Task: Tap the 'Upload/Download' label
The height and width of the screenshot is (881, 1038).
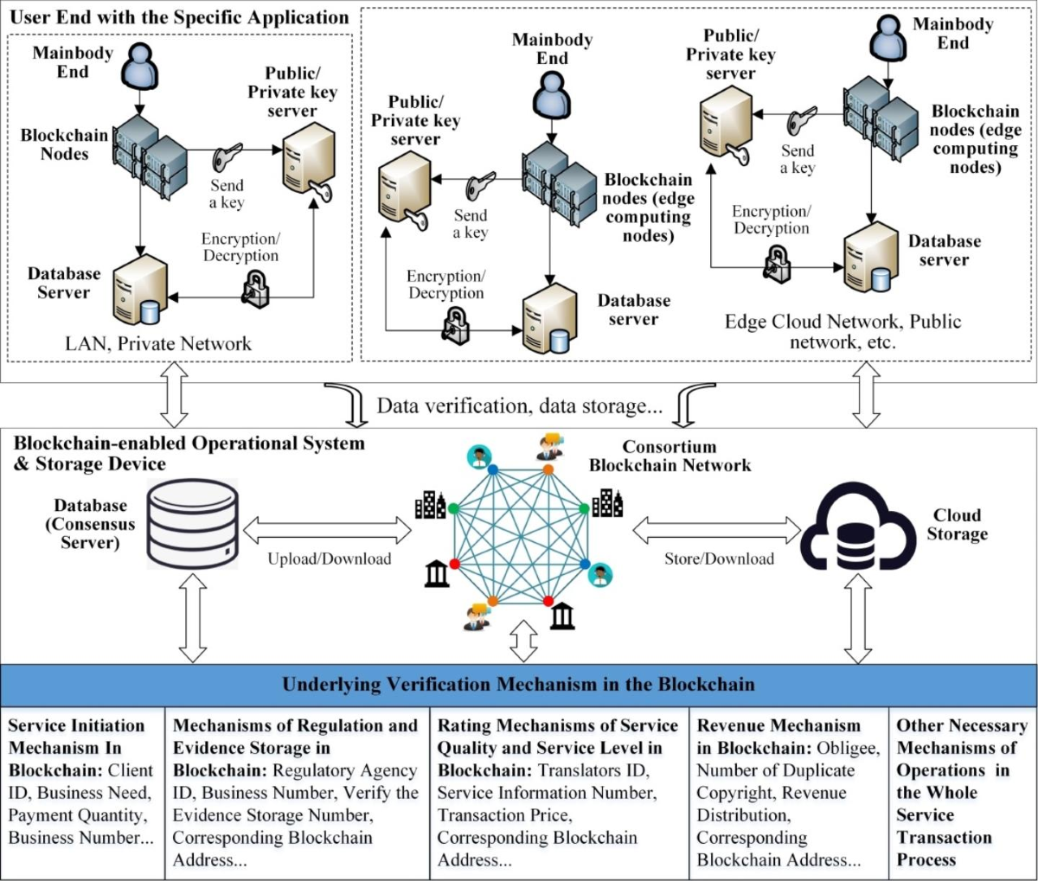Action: [x=329, y=559]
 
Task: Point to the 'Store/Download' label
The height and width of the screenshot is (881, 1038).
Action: [x=719, y=559]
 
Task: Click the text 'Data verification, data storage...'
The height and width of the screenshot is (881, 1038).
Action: [x=519, y=405]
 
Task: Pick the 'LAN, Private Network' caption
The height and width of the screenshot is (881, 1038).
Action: [x=158, y=343]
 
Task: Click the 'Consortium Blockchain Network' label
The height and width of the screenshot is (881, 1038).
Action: [x=670, y=456]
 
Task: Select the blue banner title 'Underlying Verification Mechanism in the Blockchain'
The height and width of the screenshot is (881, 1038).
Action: [x=518, y=684]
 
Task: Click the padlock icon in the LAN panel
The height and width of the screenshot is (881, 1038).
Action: [x=255, y=288]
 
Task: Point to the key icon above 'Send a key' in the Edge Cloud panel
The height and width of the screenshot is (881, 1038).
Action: [x=803, y=121]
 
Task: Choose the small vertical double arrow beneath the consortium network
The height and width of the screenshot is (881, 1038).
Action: [x=523, y=641]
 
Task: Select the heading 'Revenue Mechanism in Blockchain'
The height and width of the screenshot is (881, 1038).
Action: [x=778, y=736]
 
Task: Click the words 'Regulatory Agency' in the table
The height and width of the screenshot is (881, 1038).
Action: [x=345, y=770]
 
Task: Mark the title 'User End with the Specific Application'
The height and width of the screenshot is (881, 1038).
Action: [x=179, y=17]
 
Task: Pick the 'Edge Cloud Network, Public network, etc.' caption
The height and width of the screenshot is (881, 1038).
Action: [x=843, y=331]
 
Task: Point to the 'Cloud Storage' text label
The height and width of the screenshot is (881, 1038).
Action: [x=957, y=524]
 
